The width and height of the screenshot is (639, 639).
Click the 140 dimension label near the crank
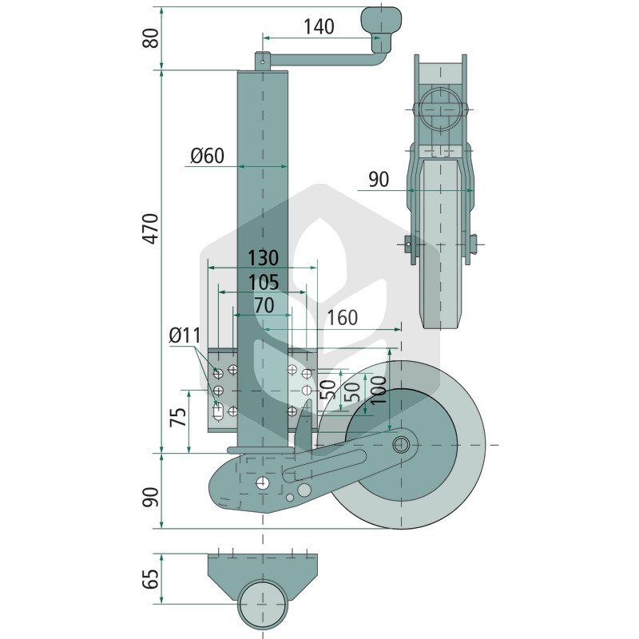pos(319,26)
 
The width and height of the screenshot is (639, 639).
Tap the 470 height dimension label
pos(151,228)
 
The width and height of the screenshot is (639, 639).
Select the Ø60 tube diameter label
pos(208,156)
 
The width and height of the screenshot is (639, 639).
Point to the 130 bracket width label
pos(264,257)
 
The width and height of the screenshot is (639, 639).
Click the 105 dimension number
pos(264,282)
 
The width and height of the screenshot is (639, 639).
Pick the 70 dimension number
pos(264,305)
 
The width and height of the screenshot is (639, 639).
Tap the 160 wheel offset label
pos(343,318)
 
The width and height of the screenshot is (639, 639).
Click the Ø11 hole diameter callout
pos(185,335)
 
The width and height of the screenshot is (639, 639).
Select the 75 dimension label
pos(178,417)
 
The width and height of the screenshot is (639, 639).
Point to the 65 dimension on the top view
pos(151,578)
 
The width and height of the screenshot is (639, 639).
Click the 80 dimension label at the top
pos(151,38)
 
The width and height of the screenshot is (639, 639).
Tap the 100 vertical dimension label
pos(379,390)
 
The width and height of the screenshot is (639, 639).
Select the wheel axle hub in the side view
pos(402,444)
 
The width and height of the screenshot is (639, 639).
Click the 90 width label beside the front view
pos(379,179)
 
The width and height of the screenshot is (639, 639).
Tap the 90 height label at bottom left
pos(151,497)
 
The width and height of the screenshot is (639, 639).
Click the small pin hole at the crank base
pos(263,63)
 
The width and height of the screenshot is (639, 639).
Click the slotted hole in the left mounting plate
pos(218,411)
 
